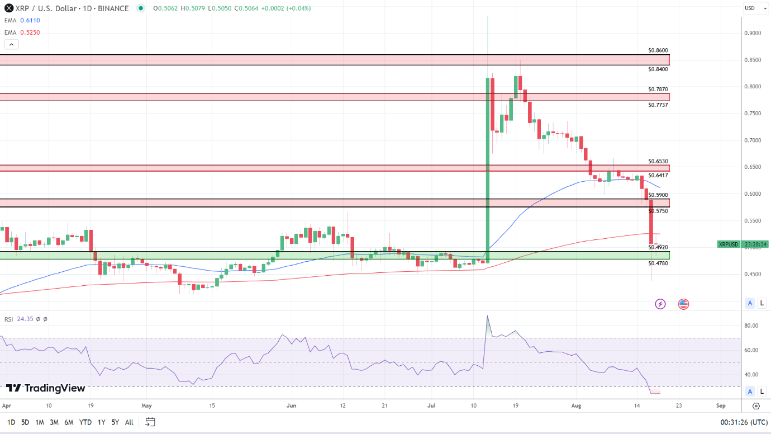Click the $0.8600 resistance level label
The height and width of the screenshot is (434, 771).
[658, 50]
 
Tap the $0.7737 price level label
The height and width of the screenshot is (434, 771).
[658, 105]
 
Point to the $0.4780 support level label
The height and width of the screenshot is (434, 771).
[658, 263]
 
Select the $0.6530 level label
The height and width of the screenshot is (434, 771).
[658, 161]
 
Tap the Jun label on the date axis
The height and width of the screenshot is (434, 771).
[291, 405]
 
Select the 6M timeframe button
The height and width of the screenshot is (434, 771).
[69, 422]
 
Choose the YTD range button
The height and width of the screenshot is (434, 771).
[85, 422]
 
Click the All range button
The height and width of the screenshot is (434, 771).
[129, 422]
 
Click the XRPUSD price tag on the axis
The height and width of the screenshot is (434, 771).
[728, 244]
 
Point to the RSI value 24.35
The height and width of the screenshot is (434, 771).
[26, 319]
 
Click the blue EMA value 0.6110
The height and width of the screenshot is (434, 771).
[30, 20]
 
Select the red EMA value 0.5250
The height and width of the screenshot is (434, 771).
[30, 32]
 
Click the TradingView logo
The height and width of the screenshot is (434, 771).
[46, 388]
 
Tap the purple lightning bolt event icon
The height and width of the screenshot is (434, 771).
[660, 304]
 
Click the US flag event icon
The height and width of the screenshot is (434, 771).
[683, 304]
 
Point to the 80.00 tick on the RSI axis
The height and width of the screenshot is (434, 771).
[751, 325]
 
